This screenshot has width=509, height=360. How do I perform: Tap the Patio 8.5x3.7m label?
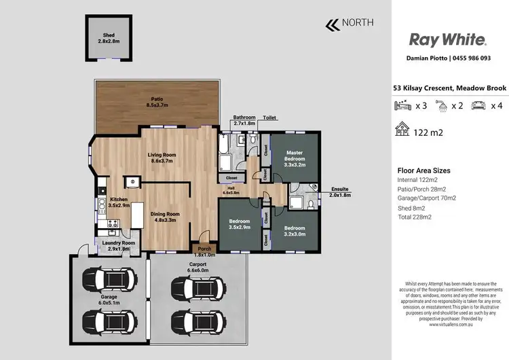click(157, 103)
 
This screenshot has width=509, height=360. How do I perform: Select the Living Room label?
click(162, 158)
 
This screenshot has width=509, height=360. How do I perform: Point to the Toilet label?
click(270, 117)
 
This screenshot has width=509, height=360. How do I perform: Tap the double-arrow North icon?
click(333, 25)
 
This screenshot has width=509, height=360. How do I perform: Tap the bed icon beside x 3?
click(402, 106)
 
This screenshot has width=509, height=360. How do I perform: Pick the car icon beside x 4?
click(478, 106)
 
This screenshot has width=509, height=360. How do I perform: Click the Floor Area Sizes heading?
click(423, 171)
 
